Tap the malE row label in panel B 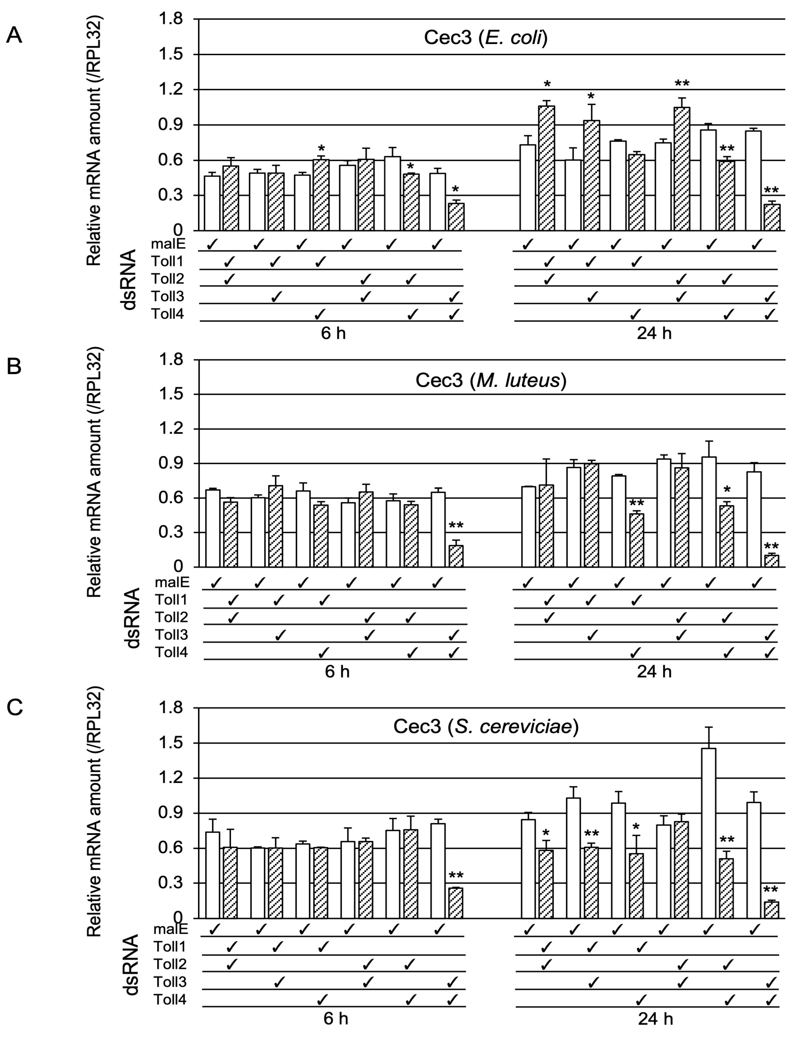pos(172,582)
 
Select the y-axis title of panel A pos(94,141)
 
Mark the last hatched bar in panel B pos(771,561)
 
